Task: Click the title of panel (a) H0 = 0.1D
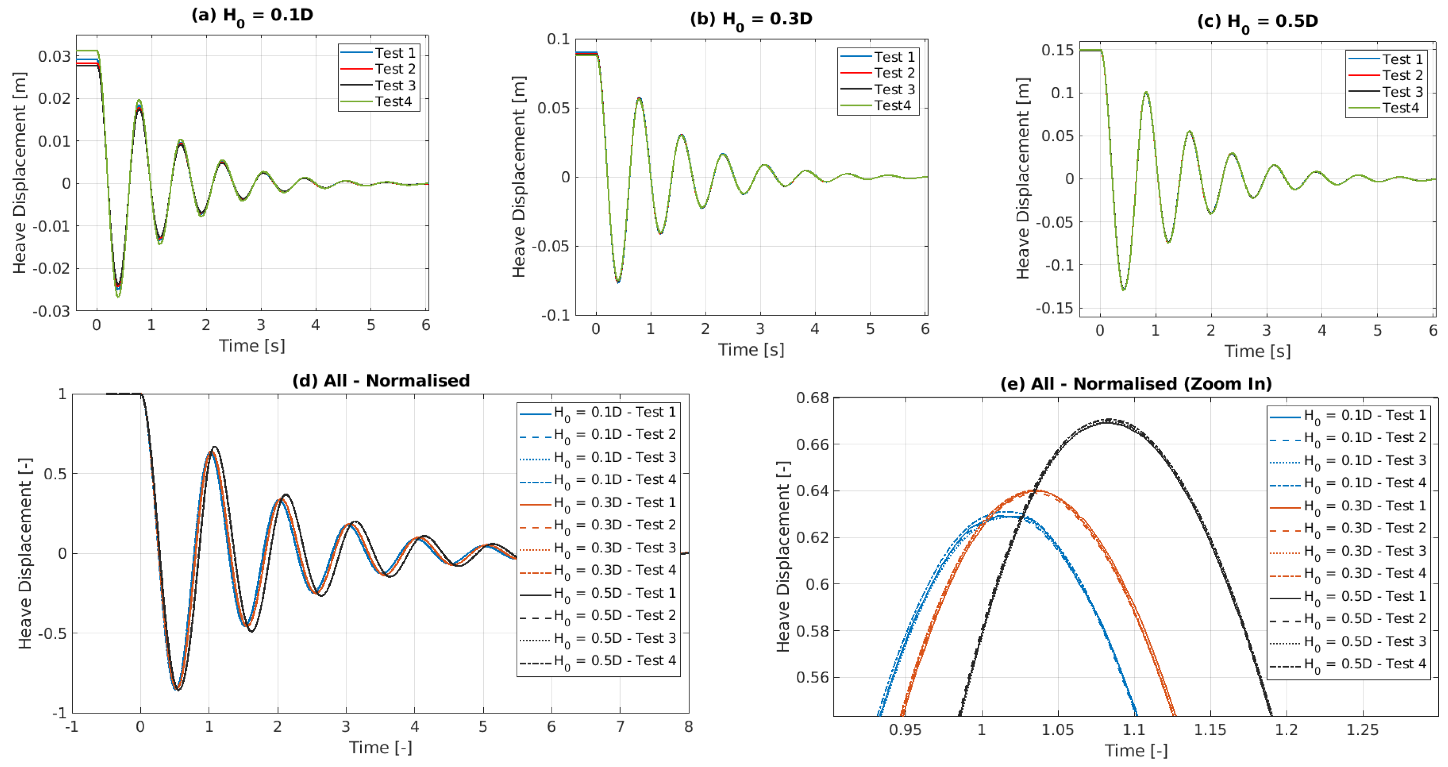pos(252,15)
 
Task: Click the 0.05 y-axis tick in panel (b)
pos(553,108)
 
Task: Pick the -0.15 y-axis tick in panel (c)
pos(1054,308)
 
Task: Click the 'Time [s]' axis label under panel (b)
pos(751,350)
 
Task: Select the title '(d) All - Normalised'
pos(381,381)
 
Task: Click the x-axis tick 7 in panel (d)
pos(620,727)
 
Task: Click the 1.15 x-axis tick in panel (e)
pos(1210,730)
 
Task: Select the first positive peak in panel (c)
pos(1146,93)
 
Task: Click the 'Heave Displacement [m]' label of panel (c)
pos(1023,178)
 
